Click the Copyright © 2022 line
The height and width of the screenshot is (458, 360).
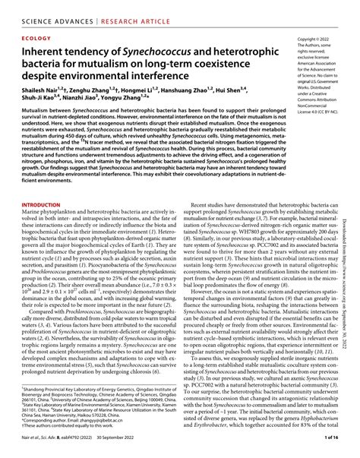pyautogui.click(x=314, y=38)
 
